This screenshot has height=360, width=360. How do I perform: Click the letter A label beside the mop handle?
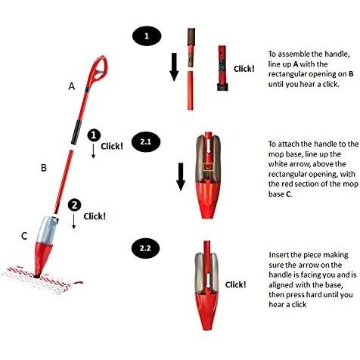click(x=72, y=87)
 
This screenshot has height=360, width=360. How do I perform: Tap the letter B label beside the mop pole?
click(x=44, y=166)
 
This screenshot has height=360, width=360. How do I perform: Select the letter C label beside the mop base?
click(x=24, y=237)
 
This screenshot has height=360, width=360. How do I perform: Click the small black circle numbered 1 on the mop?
click(x=94, y=135)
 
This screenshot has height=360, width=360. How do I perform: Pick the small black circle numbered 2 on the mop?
click(x=73, y=205)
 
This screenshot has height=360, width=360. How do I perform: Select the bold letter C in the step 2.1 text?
click(x=292, y=194)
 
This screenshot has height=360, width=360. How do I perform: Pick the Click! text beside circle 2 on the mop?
click(x=95, y=216)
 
